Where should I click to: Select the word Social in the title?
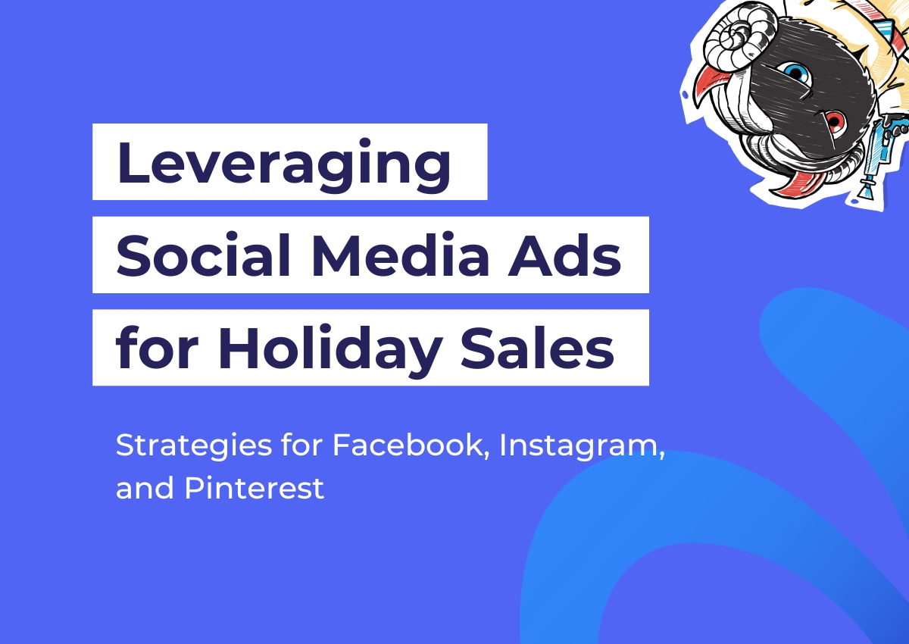[x=203, y=255]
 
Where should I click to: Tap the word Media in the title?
[x=401, y=255]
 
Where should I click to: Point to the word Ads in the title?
[x=564, y=255]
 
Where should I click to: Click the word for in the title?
[x=157, y=347]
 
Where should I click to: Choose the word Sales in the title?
[x=537, y=347]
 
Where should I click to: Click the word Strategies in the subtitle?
[x=194, y=446]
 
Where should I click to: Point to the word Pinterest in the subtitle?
[x=255, y=487]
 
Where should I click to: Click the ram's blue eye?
[x=797, y=73]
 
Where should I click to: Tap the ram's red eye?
[x=835, y=121]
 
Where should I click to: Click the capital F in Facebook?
[x=342, y=445]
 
